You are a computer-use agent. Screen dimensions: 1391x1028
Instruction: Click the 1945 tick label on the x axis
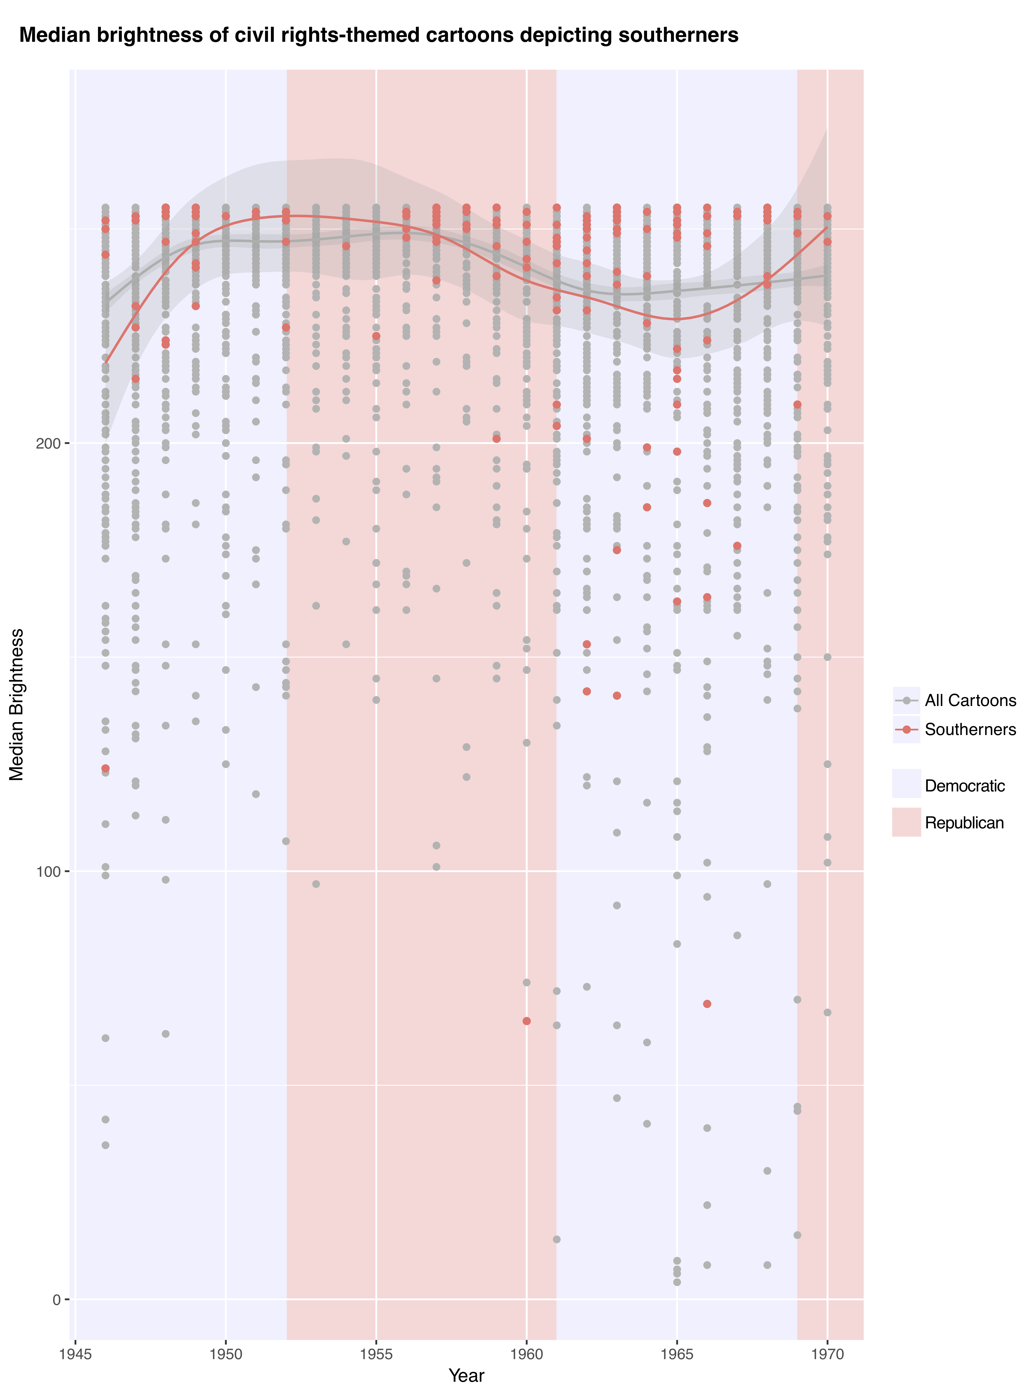pyautogui.click(x=75, y=1354)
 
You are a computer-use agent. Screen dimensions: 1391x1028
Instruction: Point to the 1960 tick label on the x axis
pyautogui.click(x=526, y=1354)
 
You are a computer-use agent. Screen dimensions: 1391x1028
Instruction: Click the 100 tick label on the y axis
pyautogui.click(x=49, y=871)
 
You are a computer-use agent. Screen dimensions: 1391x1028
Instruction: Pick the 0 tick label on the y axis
pyautogui.click(x=57, y=1299)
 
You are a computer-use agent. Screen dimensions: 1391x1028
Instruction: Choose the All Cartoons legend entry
pyautogui.click(x=970, y=701)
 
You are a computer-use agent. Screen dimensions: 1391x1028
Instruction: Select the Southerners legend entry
pyautogui.click(x=970, y=729)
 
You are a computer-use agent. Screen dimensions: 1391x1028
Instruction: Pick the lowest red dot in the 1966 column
pyautogui.click(x=707, y=1004)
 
